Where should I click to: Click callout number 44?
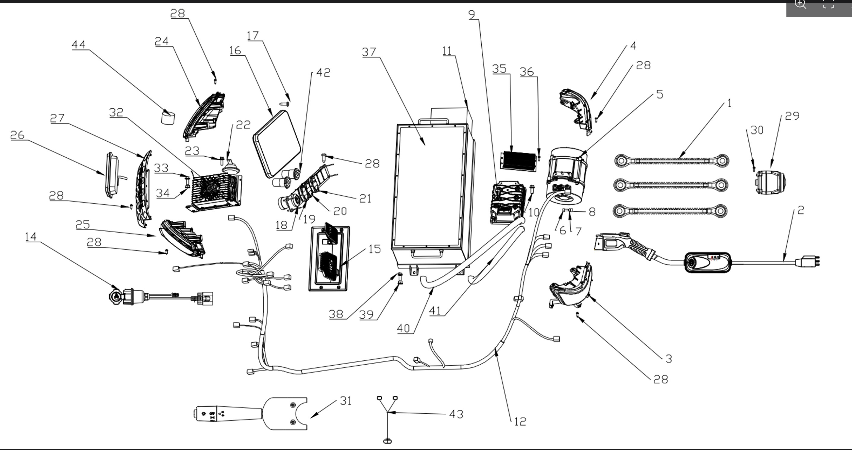pyautogui.click(x=79, y=45)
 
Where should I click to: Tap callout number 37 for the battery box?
pyautogui.click(x=369, y=52)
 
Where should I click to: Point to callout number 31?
pyautogui.click(x=346, y=401)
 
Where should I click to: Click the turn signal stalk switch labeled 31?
pyautogui.click(x=250, y=413)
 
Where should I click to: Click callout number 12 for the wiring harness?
pyautogui.click(x=520, y=422)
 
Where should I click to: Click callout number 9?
pyautogui.click(x=472, y=15)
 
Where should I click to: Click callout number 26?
pyautogui.click(x=17, y=135)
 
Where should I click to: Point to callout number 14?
pyautogui.click(x=31, y=237)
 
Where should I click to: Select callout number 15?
pyautogui.click(x=374, y=249)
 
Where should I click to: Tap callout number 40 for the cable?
pyautogui.click(x=403, y=328)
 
